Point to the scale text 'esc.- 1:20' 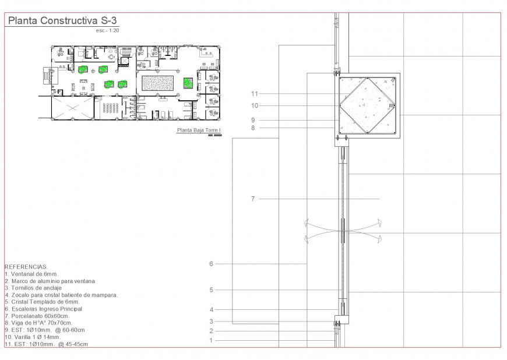109,30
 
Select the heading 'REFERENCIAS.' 26,267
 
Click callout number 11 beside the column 254,93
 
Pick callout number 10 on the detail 254,106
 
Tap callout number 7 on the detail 252,199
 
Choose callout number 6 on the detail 211,264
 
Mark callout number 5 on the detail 211,290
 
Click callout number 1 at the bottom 211,340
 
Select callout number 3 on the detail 211,321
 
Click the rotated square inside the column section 367,105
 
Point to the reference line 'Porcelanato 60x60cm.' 41,316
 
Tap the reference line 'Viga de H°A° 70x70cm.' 38,323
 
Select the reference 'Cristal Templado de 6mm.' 41,302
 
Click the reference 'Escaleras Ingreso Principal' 43,309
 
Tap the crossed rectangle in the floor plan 72,108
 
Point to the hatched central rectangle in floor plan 157,83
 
